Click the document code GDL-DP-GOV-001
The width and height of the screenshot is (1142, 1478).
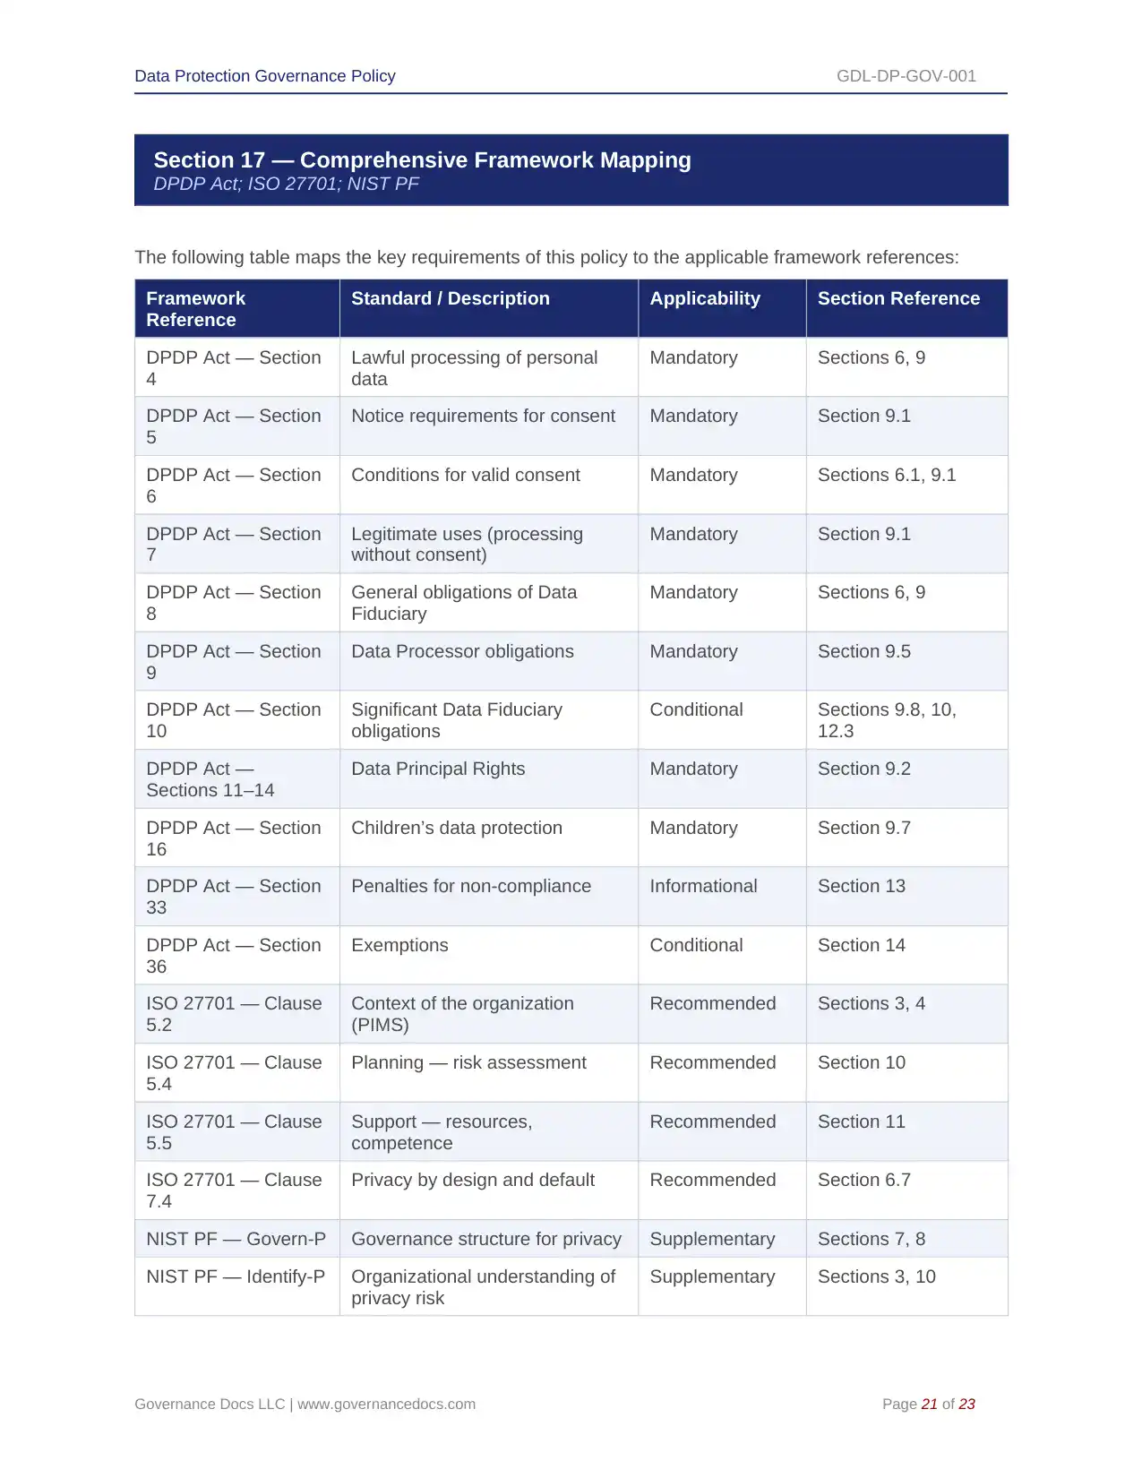tap(906, 76)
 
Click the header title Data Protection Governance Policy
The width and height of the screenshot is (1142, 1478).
tap(264, 76)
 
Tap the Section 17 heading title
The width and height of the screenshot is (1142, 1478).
tap(422, 160)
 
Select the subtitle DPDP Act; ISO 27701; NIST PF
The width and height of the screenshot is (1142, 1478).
tap(286, 185)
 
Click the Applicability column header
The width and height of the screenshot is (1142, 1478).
tap(704, 299)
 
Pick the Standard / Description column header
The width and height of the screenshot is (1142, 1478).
tap(450, 299)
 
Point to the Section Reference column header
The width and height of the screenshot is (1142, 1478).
tap(897, 299)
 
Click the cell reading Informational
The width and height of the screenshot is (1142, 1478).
tap(703, 887)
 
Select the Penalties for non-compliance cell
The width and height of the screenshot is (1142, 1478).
tap(470, 887)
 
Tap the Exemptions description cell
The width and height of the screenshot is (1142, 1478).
tap(399, 946)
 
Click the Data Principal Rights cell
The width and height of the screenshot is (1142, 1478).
tap(438, 769)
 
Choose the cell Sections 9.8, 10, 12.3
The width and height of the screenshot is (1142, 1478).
tap(886, 720)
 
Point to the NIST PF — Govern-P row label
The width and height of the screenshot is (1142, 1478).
tap(236, 1240)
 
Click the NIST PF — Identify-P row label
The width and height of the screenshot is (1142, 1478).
tap(236, 1277)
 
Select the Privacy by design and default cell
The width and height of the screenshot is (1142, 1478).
tap(472, 1181)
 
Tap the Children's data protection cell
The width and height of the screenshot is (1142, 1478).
tap(456, 829)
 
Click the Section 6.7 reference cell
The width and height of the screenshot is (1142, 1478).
tap(863, 1181)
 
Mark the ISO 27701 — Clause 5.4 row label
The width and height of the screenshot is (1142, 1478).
tap(234, 1073)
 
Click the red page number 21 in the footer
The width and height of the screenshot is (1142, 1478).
tap(929, 1405)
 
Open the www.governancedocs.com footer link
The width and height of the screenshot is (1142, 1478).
tap(386, 1405)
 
